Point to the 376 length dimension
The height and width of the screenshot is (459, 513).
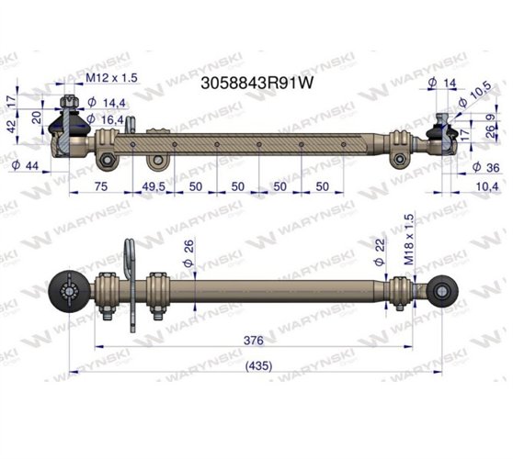point(253,340)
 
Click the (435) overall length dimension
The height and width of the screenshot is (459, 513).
point(253,365)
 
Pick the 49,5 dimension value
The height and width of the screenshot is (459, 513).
point(154,187)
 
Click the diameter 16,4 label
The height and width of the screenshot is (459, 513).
point(108,118)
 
